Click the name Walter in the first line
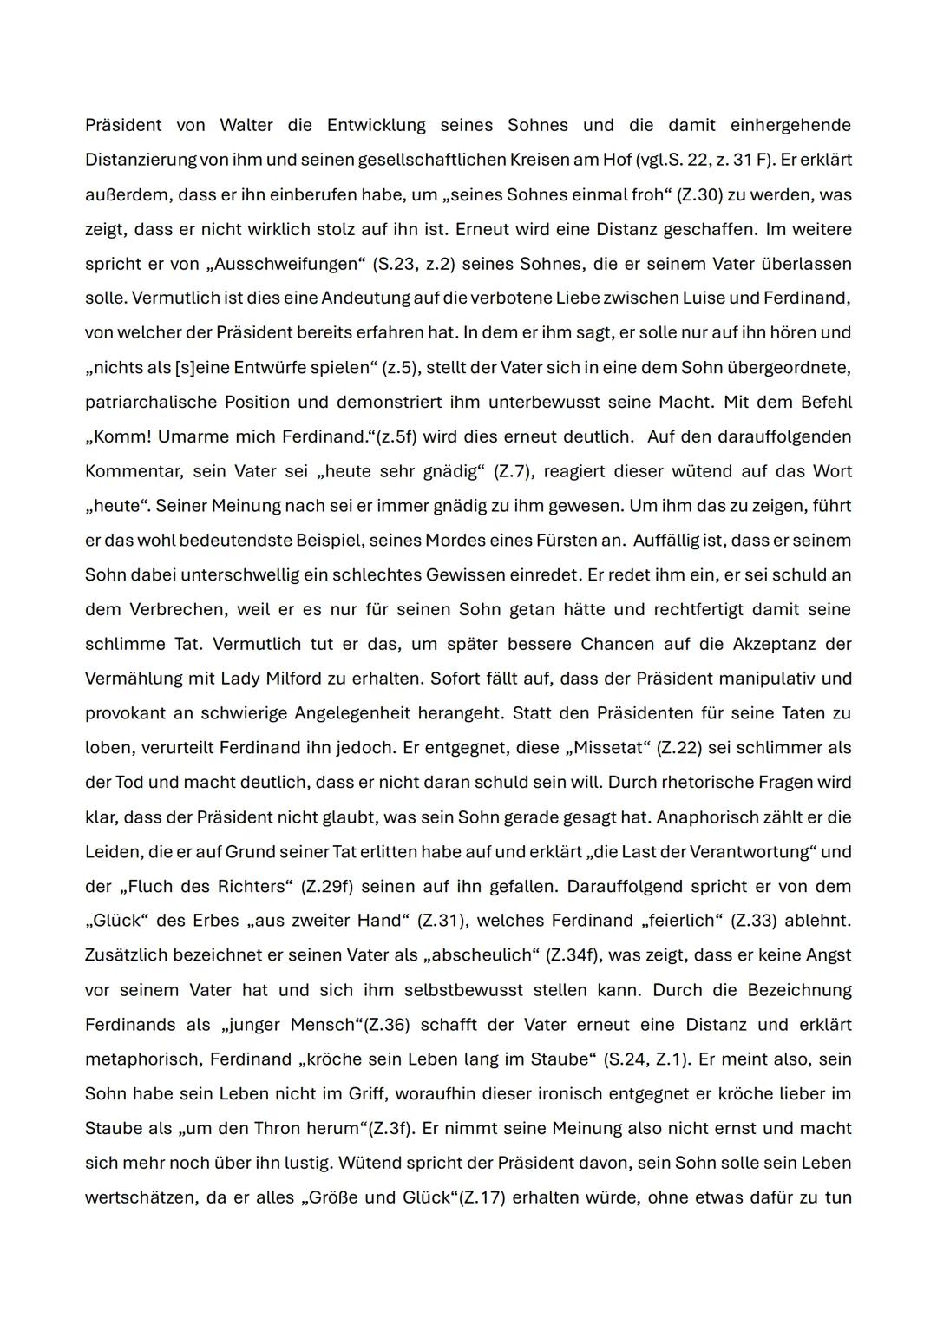pos(246,125)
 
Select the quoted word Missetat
pos(612,747)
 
